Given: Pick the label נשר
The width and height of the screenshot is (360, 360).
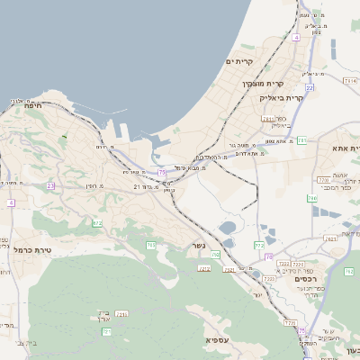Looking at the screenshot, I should tap(198, 246).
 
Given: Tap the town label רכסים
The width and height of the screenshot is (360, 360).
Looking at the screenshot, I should tap(308, 280).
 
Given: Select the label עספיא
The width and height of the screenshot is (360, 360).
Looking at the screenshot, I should tap(216, 339).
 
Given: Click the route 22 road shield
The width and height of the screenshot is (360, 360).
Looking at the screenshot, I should tap(309, 88).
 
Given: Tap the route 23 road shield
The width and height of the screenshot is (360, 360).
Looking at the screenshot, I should tap(50, 186).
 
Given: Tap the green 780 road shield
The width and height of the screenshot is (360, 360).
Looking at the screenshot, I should tap(311, 197).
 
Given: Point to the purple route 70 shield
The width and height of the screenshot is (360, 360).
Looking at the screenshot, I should tap(267, 256).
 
